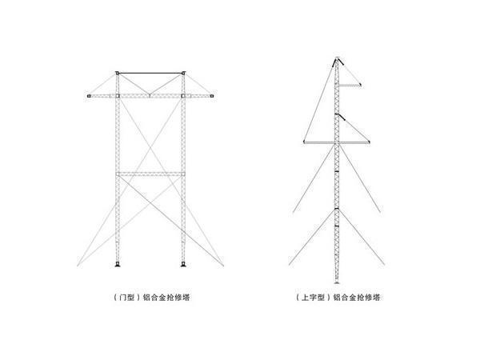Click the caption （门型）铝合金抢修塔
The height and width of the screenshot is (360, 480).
[x=151, y=298]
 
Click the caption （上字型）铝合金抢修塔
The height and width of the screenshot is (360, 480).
[x=338, y=298]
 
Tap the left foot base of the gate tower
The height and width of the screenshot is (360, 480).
[x=118, y=264]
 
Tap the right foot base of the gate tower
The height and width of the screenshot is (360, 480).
[x=183, y=264]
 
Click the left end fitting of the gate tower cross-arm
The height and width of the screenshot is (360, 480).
[x=89, y=96]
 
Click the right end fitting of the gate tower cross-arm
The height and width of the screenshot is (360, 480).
[x=212, y=96]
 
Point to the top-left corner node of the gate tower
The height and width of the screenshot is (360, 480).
[x=117, y=73]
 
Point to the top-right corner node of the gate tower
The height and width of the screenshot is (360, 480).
[x=183, y=73]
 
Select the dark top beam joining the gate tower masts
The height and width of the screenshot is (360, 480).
[x=150, y=73]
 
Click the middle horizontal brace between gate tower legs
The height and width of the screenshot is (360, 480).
[x=150, y=174]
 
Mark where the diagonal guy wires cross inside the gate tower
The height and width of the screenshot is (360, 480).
[x=150, y=149]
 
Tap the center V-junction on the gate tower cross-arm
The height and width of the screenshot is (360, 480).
[x=150, y=95]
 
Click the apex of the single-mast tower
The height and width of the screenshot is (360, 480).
[x=337, y=58]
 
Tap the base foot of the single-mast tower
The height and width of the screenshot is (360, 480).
[x=337, y=282]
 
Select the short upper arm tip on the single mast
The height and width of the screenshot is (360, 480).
[x=361, y=85]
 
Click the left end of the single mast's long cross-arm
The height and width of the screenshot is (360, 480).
[x=304, y=142]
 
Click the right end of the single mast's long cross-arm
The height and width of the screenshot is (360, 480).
[x=369, y=142]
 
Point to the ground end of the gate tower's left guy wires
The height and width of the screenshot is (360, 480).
[x=78, y=265]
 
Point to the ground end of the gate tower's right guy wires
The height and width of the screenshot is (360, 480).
[x=223, y=265]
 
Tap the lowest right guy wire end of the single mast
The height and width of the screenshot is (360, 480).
[x=384, y=265]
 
